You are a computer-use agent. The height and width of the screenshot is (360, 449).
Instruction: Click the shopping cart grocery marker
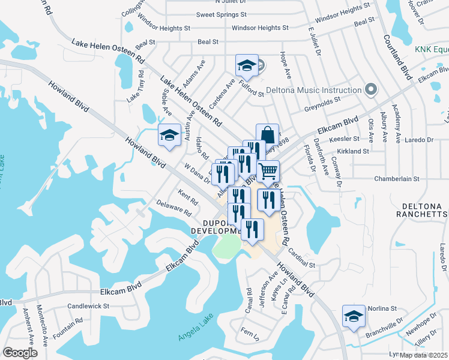click(268, 171)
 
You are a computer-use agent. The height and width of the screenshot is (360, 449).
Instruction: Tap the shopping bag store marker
click(267, 135)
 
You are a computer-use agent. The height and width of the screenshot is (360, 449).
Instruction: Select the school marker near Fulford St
click(247, 65)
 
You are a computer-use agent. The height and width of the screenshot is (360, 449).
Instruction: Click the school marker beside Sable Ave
click(169, 136)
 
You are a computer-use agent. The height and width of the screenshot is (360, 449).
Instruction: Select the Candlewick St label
click(88, 305)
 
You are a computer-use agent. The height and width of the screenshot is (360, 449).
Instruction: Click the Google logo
click(20, 353)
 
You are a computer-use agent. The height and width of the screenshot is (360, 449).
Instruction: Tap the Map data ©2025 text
click(424, 355)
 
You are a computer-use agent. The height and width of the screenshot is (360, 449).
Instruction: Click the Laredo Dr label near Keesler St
click(418, 140)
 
